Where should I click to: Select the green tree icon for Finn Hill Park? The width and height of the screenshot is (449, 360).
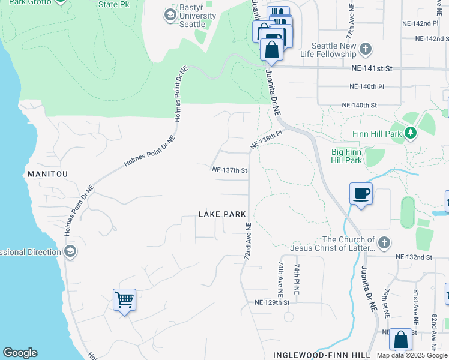[410, 133]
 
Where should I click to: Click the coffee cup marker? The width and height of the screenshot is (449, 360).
[361, 194]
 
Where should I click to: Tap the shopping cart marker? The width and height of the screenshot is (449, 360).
[124, 299]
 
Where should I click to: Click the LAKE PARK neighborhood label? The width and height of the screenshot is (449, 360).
[223, 214]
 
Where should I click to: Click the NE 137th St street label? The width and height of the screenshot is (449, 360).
[230, 170]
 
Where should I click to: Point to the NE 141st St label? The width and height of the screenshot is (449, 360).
[372, 69]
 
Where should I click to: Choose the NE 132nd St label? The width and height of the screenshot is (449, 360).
[414, 257]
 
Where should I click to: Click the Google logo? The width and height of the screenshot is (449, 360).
[20, 353]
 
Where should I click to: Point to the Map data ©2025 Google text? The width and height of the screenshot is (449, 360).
[411, 355]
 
